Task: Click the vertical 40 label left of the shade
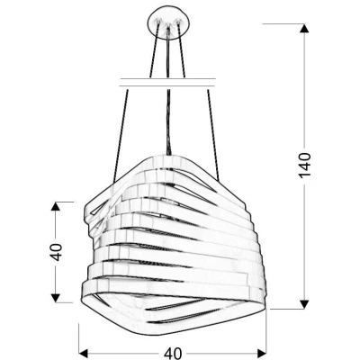tap(56, 252)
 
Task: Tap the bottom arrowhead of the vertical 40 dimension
tap(56, 300)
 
